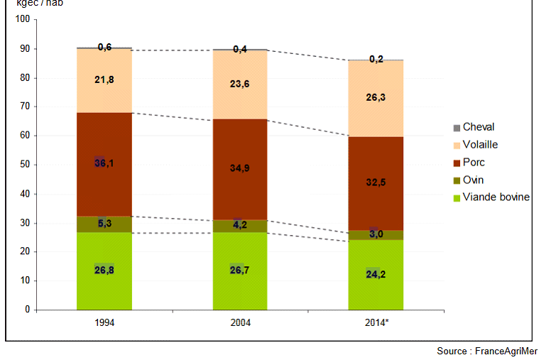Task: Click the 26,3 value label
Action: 376,98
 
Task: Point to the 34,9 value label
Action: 240,168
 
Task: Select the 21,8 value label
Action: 104,80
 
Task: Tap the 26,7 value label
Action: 240,270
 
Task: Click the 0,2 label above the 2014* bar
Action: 376,59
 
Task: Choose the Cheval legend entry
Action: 478,127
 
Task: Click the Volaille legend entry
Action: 480,145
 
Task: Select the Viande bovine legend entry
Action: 496,197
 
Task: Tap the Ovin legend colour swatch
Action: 457,180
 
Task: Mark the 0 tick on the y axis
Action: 27,310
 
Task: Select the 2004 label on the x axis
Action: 240,322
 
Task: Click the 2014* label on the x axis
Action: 376,322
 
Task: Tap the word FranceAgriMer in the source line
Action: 506,351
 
